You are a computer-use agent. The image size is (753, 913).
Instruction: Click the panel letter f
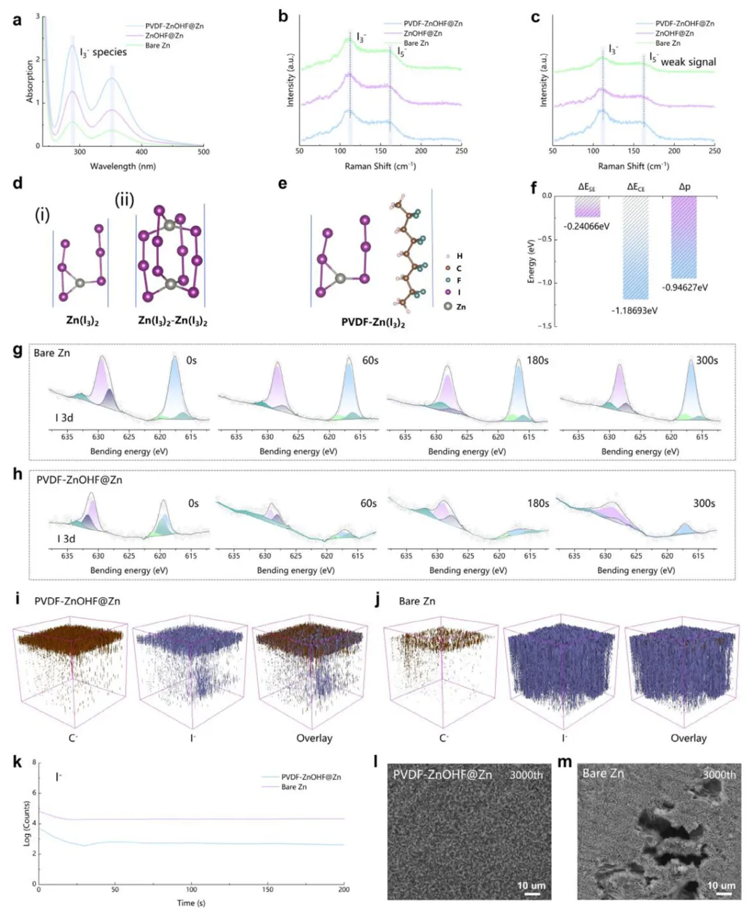[534, 187]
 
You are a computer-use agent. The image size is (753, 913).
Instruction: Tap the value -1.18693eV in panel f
[634, 310]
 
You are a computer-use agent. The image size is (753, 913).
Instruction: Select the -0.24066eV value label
[586, 227]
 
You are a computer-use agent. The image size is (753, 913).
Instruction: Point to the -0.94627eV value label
[684, 287]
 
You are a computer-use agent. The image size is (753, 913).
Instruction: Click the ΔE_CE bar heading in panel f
[635, 187]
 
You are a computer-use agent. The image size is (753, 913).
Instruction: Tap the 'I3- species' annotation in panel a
[103, 52]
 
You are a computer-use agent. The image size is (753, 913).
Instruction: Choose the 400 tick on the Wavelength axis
[142, 152]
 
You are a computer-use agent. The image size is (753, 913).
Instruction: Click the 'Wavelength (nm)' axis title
[123, 166]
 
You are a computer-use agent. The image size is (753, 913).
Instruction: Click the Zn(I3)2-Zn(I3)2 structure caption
[172, 321]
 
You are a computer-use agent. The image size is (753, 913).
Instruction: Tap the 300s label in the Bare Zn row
[706, 360]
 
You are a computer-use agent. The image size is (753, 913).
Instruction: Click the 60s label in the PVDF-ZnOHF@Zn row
[368, 503]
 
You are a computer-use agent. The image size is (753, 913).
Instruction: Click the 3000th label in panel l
[526, 774]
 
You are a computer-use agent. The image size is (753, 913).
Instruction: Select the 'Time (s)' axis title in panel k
[191, 903]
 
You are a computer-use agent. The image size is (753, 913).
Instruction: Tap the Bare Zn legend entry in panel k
[294, 787]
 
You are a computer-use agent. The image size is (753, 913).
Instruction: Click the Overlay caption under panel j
[688, 738]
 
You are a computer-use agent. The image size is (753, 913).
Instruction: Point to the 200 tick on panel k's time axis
[344, 889]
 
